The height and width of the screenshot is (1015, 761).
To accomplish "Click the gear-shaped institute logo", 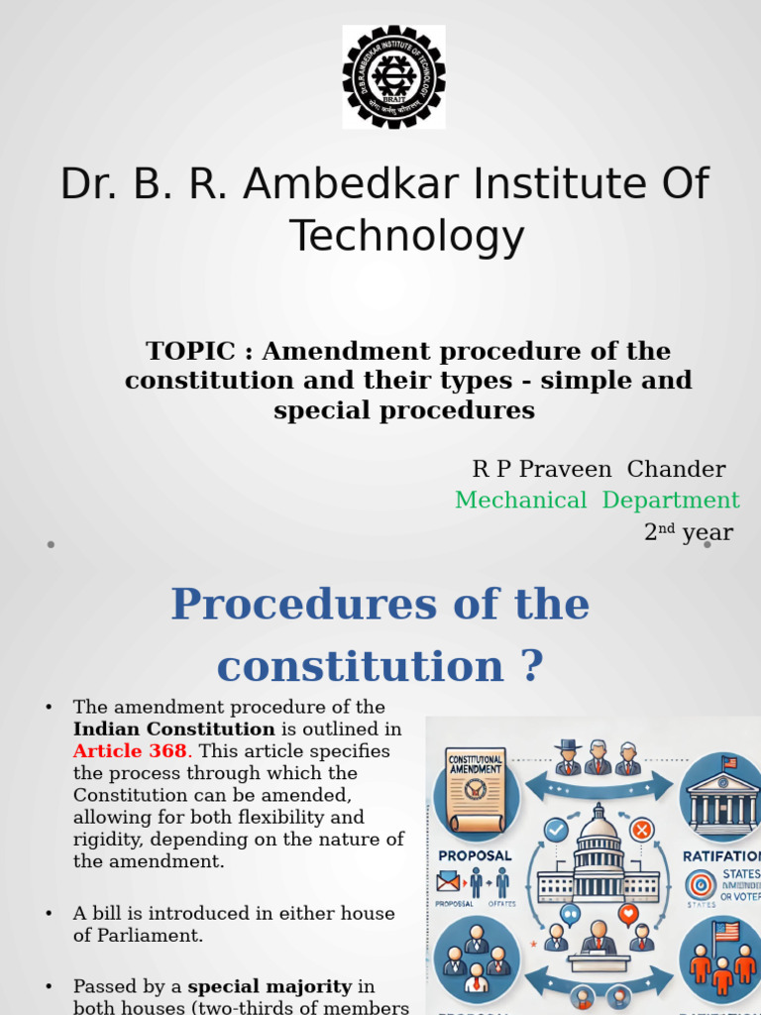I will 393,76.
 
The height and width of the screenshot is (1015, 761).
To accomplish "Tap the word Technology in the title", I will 406,237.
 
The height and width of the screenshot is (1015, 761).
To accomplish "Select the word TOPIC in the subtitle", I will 190,351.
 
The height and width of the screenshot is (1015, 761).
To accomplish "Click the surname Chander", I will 676,469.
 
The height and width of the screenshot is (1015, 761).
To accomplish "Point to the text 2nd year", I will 689,532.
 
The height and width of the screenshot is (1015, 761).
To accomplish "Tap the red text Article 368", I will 130,750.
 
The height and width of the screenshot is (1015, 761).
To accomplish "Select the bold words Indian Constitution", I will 174,729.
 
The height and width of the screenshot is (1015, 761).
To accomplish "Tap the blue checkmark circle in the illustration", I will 556,829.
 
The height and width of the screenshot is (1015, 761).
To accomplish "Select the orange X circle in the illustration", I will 641,830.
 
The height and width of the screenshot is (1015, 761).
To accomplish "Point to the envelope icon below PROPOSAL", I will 448,880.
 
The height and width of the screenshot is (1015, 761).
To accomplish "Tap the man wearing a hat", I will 568,757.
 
